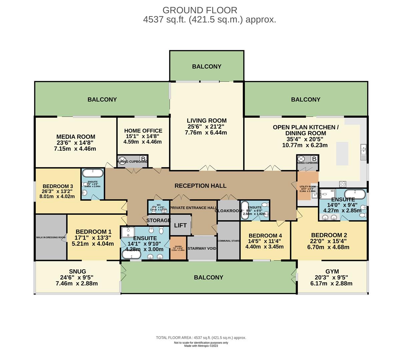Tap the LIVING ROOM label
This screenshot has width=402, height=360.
coord(207,121)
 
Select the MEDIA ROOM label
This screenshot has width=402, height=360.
coord(76,137)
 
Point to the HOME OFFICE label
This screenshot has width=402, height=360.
coord(143,131)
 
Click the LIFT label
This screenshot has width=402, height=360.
coord(180,225)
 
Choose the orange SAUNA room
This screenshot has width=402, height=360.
coord(178,248)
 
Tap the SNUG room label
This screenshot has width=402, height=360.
coord(77,272)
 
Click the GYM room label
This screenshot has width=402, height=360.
coord(332,272)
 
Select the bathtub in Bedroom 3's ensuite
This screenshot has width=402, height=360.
coord(93,173)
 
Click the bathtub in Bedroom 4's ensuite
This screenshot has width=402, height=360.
coord(245,210)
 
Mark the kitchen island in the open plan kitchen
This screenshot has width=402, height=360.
coord(342,153)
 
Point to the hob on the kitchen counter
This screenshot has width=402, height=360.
coord(343,183)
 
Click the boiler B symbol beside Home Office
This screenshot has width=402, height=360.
coord(143,159)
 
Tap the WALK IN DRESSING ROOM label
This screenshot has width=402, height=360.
coord(51,237)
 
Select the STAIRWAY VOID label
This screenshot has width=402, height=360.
coord(202,249)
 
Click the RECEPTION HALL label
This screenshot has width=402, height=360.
coord(200,186)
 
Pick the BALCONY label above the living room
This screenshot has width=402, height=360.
coord(207,67)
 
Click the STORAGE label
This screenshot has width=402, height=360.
coord(158,221)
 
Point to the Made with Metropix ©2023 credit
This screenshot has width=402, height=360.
coord(201,346)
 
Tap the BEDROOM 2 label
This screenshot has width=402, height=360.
coord(327,235)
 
